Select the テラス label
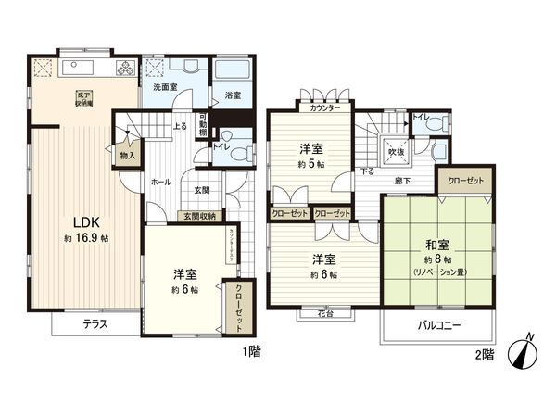94,324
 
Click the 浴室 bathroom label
232,95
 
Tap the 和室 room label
437,246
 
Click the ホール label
159,183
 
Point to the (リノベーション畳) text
437,272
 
